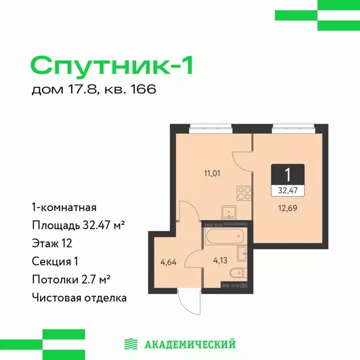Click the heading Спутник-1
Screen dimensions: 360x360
112,64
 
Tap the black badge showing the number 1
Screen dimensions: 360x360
288,174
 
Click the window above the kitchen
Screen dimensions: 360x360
210,125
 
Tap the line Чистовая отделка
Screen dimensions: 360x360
79,297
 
